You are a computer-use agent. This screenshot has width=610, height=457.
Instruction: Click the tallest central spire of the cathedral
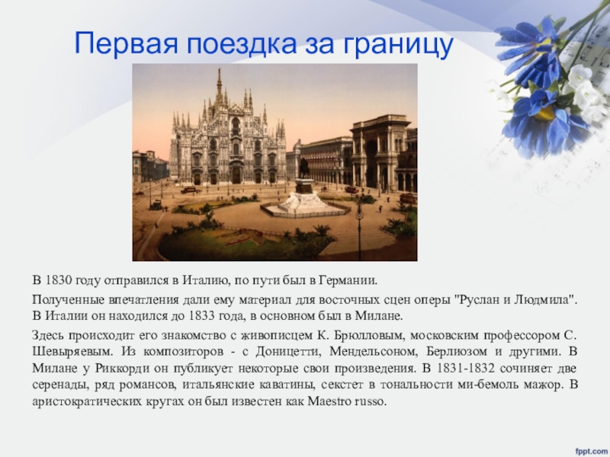(219, 84)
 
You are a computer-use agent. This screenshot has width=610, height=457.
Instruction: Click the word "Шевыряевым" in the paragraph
(65, 351)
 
